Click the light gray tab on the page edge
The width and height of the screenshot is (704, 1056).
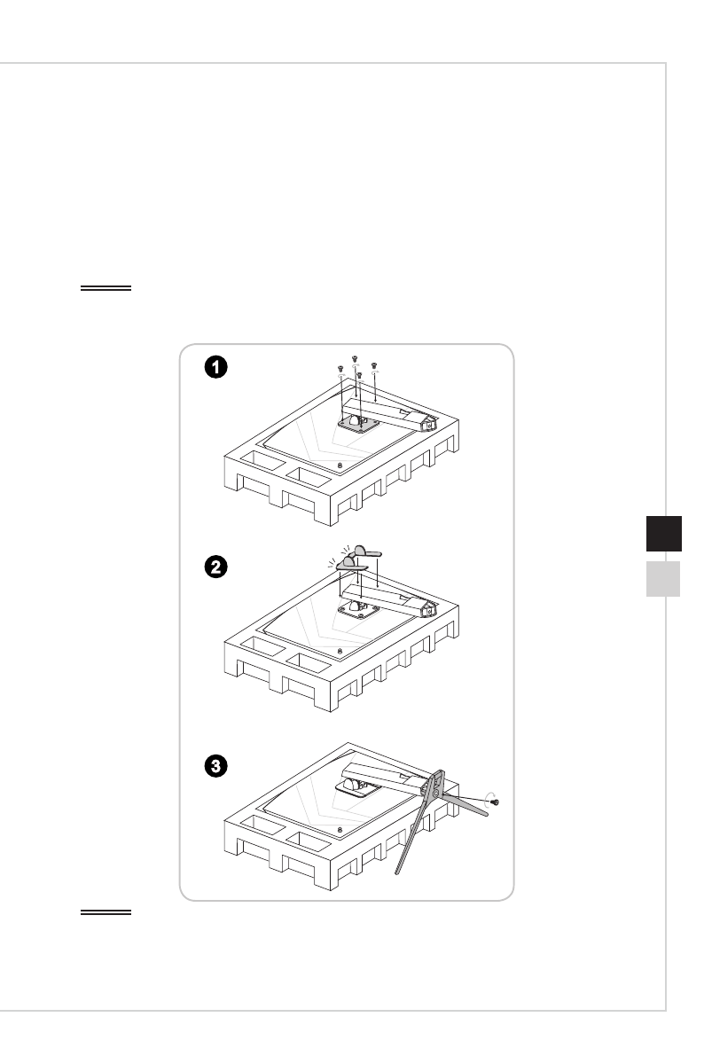(x=657, y=579)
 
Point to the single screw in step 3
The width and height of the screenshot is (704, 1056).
(x=496, y=801)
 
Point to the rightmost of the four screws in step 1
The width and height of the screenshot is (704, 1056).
(x=374, y=365)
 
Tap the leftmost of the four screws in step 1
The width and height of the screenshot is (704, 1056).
(x=340, y=368)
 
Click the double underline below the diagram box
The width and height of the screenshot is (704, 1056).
(x=106, y=911)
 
